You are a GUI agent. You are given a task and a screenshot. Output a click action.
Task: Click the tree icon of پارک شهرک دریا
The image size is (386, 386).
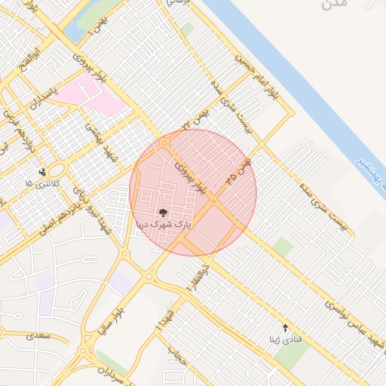click(x=164, y=213)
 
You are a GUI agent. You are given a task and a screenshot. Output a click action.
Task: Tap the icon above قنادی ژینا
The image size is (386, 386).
click(x=285, y=328)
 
